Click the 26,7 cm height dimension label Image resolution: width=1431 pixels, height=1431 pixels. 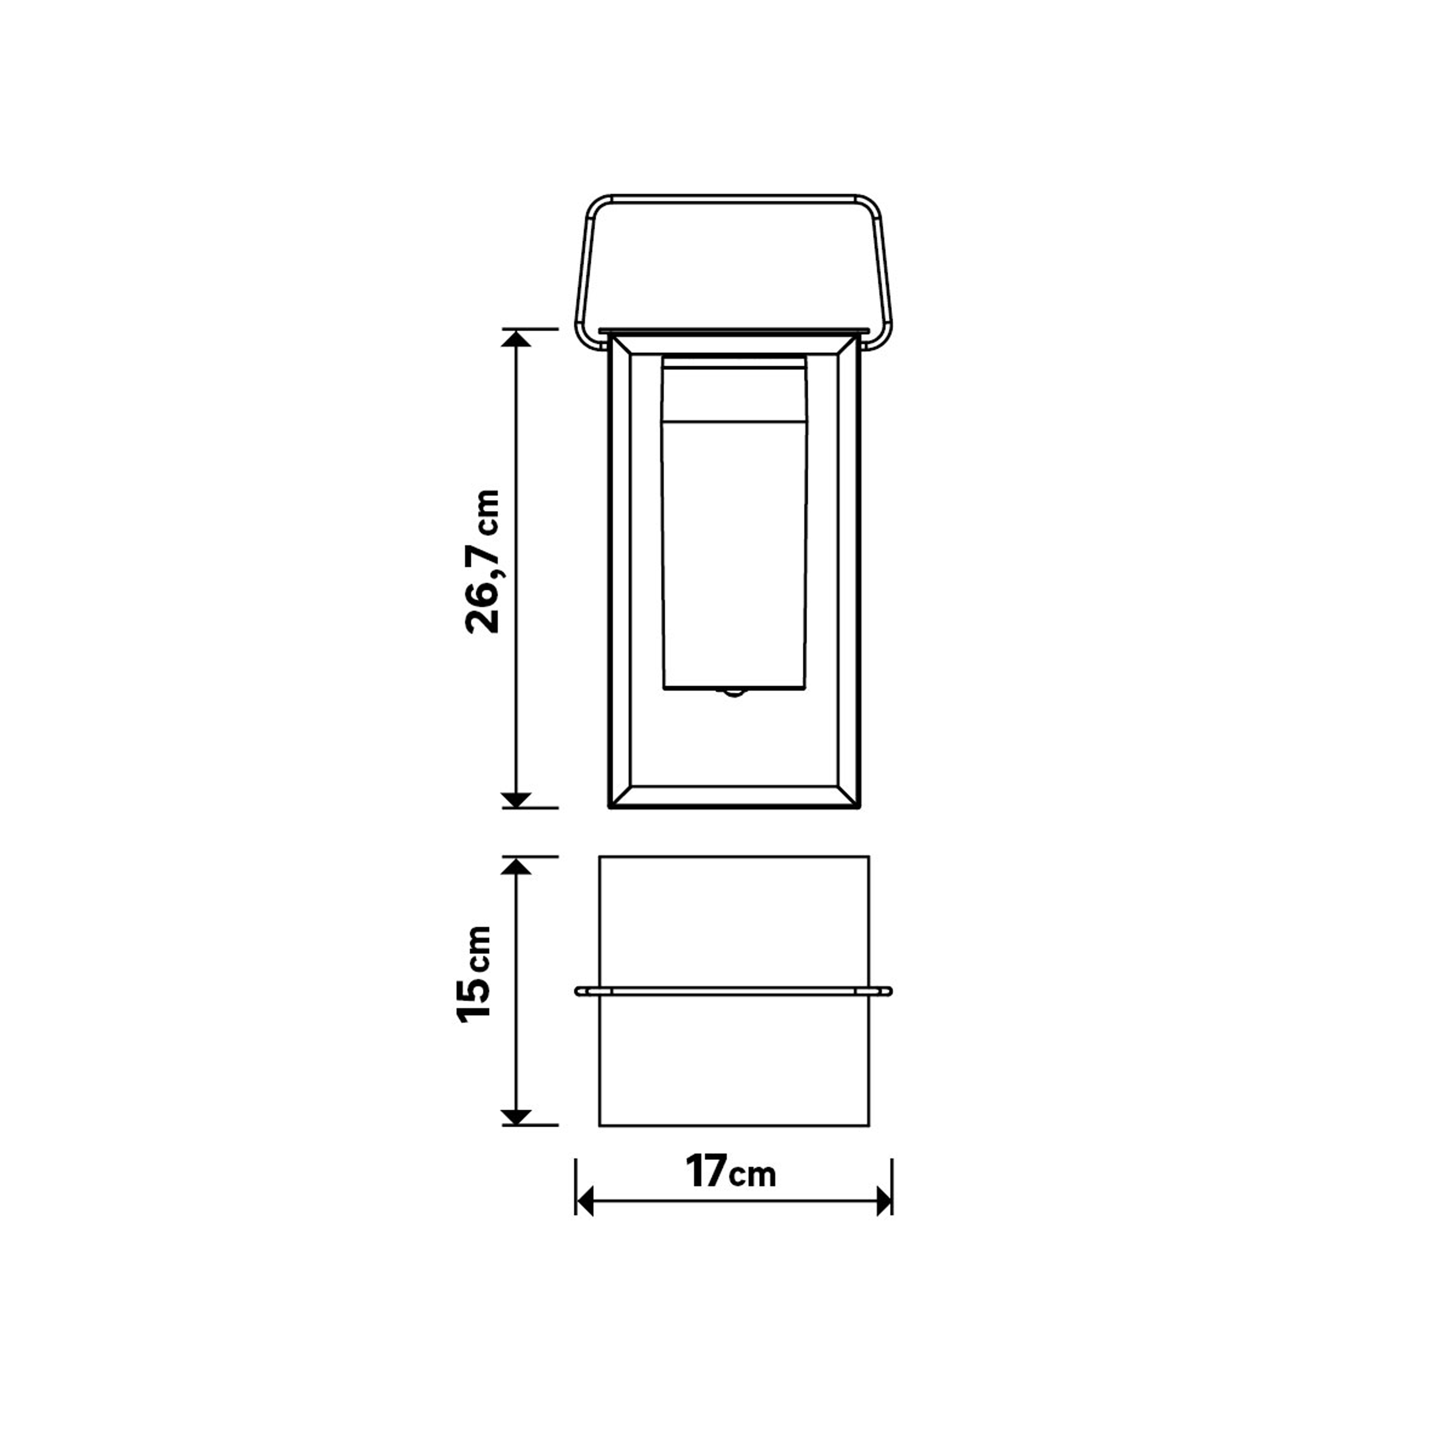pos(483,560)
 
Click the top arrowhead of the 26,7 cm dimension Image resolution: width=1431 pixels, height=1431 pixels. pos(516,339)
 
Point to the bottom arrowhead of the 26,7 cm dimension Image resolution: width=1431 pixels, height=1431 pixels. pos(516,799)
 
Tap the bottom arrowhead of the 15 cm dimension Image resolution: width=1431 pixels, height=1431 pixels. pos(516,1116)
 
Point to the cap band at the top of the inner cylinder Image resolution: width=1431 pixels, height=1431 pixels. pos(734,389)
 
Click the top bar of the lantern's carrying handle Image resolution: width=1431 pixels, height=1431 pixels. pos(733,198)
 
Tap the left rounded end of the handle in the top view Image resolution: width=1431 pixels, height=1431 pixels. pos(580,991)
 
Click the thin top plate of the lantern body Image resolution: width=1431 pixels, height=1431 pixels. pos(733,330)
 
